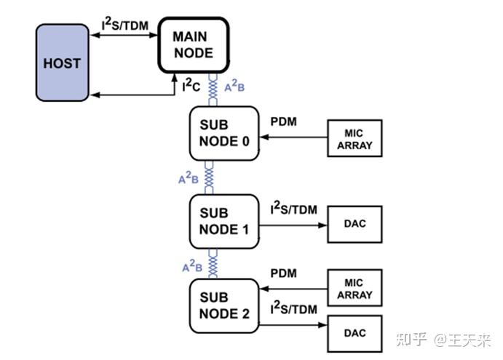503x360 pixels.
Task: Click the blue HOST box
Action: pos(62,63)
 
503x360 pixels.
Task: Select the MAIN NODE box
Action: pos(193,44)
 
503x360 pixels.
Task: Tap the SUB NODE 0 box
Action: pos(224,133)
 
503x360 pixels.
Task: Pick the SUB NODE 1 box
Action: pos(224,221)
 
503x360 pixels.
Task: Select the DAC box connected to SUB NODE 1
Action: pos(355,224)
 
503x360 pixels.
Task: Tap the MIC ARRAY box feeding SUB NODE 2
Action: pos(355,289)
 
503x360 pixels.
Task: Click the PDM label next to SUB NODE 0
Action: pos(283,121)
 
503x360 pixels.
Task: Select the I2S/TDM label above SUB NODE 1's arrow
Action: pos(294,209)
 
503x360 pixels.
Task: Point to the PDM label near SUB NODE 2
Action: pos(283,273)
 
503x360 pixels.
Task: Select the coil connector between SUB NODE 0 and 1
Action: pos(210,177)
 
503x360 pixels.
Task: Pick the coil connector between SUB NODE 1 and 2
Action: pos(213,263)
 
